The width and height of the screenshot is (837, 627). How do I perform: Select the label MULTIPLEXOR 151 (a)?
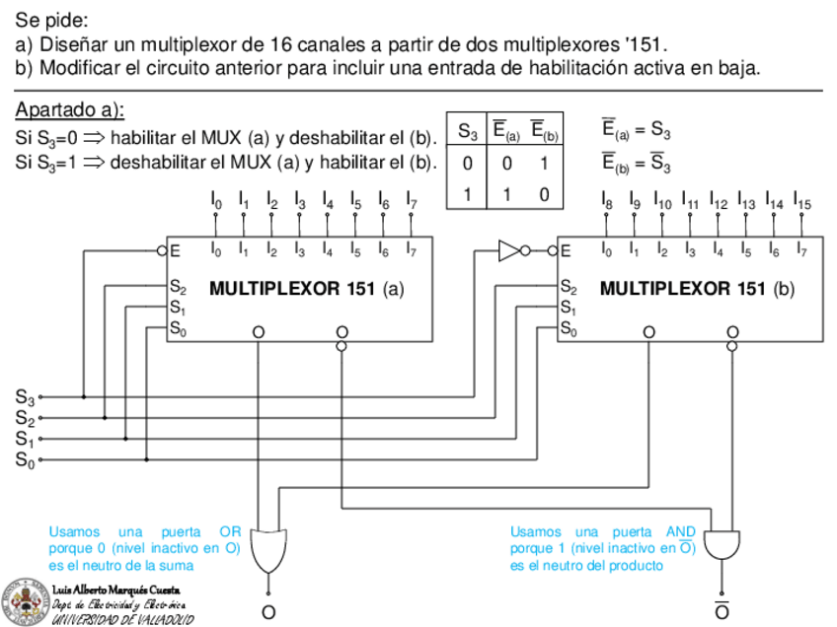point(307,289)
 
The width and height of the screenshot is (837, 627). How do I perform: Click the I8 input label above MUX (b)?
point(607,204)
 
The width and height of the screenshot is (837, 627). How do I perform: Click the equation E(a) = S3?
point(637,130)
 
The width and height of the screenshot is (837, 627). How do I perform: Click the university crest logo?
point(25,600)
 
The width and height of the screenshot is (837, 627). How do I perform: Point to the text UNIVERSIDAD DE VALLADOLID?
point(122,619)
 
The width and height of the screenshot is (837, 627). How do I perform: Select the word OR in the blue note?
point(230,531)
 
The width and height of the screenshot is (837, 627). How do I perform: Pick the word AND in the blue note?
point(682,531)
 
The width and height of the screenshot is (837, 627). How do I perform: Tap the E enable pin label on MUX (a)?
point(175,250)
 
